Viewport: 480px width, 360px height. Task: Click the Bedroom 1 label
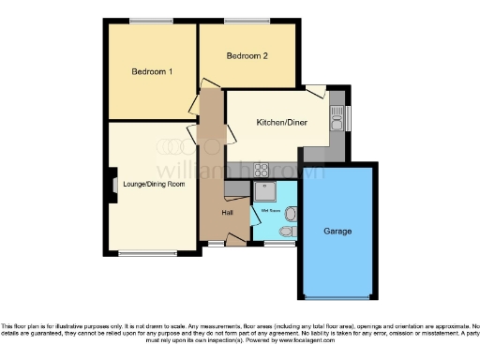pyautogui.click(x=152, y=72)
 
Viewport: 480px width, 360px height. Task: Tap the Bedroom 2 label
pyautogui.click(x=247, y=56)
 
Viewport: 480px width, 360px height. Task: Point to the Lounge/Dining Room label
pyautogui.click(x=154, y=185)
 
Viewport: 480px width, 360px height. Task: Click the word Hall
pyautogui.click(x=227, y=213)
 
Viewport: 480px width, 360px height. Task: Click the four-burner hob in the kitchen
pyautogui.click(x=262, y=171)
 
